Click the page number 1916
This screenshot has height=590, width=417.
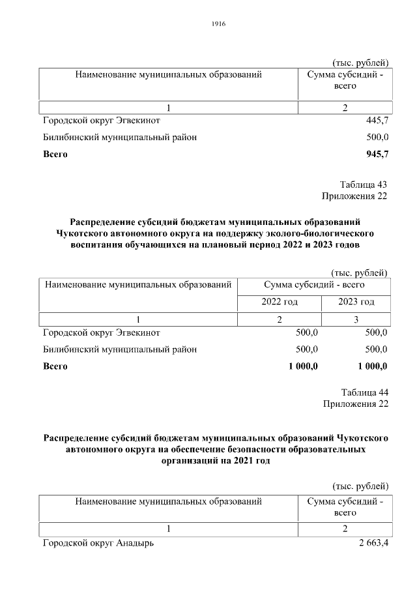[218, 24]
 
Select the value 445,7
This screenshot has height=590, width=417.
[377, 121]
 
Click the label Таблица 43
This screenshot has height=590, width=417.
[364, 184]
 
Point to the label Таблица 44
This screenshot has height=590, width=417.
[364, 392]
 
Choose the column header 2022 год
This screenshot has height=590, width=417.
[280, 302]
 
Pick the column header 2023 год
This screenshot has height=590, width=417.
[356, 302]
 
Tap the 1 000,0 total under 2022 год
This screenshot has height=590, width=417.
[303, 366]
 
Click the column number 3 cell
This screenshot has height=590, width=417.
[356, 319]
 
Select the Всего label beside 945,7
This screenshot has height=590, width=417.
[55, 155]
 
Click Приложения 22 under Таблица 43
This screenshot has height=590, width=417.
[354, 196]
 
